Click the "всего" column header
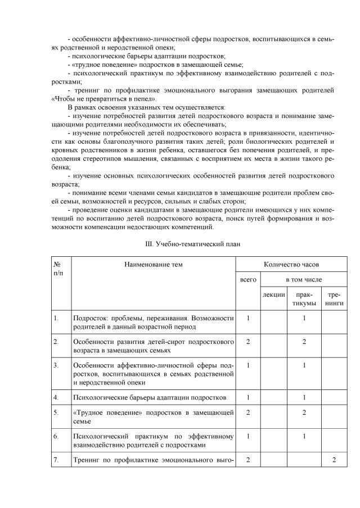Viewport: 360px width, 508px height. (247, 279)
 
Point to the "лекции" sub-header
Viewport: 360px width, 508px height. (273, 294)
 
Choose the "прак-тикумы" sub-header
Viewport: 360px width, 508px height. (304, 299)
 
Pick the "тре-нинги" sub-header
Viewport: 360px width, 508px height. (335, 299)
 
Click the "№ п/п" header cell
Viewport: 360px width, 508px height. (57, 268)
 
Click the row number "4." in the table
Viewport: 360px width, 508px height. (56, 397)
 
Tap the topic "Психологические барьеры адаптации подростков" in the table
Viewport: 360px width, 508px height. (150, 397)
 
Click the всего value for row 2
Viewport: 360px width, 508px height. (247, 341)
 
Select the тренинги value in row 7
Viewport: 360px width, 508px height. (335, 459)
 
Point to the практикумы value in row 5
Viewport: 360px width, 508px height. (304, 412)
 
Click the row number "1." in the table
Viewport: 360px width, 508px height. (56, 318)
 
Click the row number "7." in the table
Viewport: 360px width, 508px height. (56, 459)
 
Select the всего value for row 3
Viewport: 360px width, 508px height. (247, 365)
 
